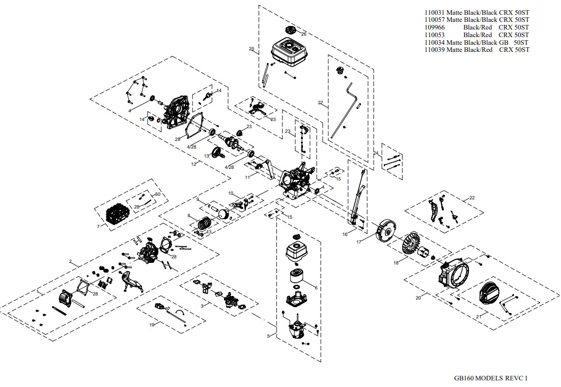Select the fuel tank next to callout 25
point(288,52)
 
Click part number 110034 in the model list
point(434,42)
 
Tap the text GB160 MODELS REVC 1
point(491,378)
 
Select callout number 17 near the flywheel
point(358,242)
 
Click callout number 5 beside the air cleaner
point(268,336)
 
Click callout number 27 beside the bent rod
point(320,103)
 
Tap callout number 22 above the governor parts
point(472,197)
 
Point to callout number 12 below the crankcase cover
point(193,164)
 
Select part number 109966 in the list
point(434,27)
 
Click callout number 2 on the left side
point(70,262)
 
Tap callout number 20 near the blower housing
point(418,298)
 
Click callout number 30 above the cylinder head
point(158,195)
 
